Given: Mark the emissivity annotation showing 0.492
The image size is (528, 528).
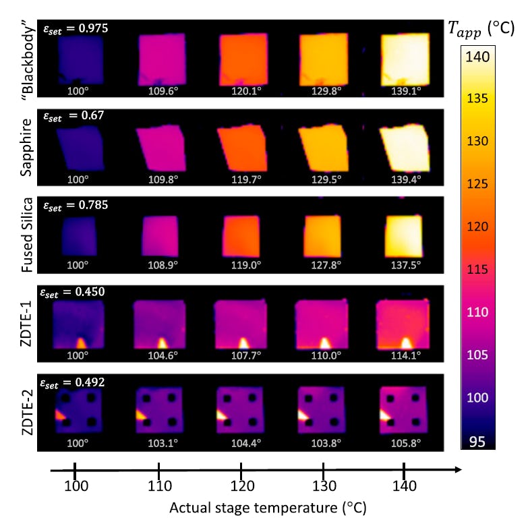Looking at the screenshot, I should [x=75, y=382].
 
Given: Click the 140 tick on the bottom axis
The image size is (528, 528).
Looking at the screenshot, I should [x=404, y=487].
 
